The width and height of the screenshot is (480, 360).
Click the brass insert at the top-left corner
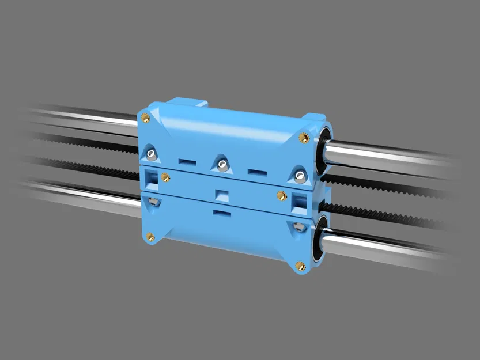(145, 118)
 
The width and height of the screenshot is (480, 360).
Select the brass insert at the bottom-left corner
(149, 236)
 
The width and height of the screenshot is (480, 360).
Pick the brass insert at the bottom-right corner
(299, 266)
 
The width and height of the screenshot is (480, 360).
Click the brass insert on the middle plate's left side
(165, 176)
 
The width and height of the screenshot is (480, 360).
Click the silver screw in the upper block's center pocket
(221, 165)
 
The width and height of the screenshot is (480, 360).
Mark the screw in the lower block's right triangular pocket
(297, 227)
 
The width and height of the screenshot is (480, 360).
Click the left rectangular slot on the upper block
(187, 161)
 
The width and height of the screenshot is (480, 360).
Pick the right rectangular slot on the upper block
(255, 171)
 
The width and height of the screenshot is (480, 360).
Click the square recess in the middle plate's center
(220, 194)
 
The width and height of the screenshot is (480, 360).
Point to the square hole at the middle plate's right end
(298, 200)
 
